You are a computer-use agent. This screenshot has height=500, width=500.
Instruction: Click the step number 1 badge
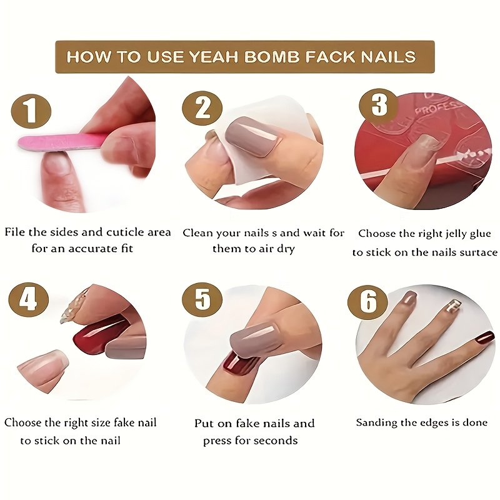pos(31,111)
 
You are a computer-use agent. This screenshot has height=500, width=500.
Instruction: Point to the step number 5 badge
pos(202,301)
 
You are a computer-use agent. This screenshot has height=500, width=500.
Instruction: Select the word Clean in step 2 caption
pos(197,232)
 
